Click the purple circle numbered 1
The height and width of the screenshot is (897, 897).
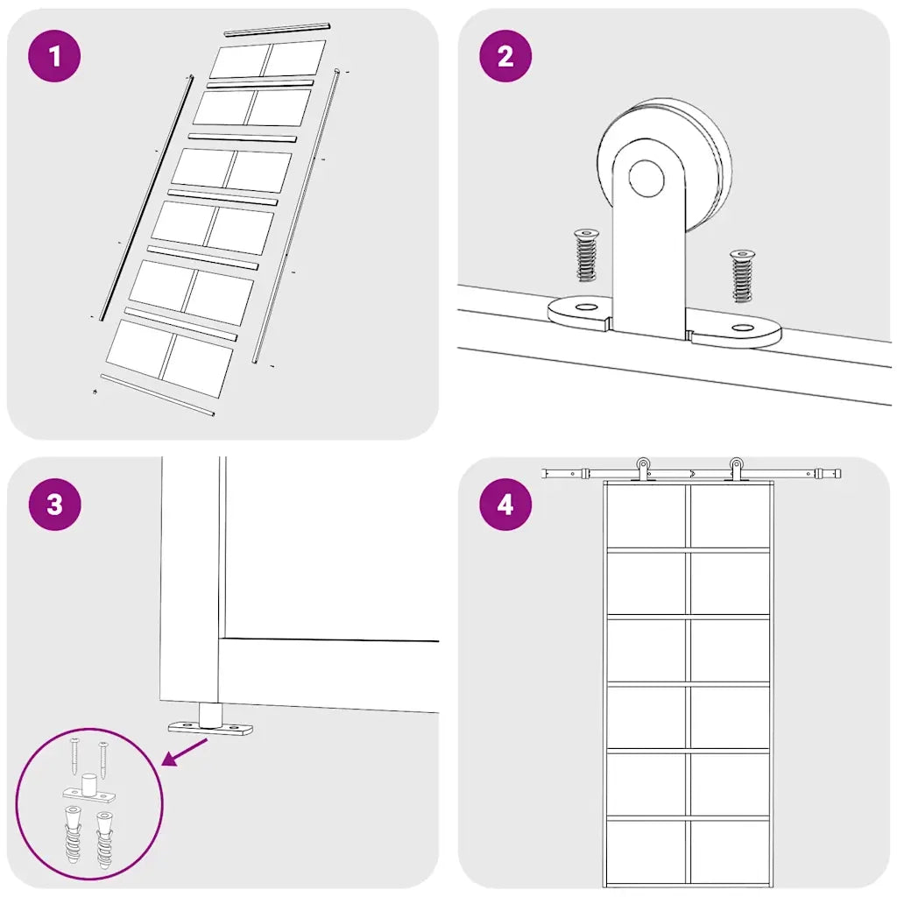(x=54, y=56)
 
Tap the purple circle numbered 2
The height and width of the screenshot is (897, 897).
(x=505, y=56)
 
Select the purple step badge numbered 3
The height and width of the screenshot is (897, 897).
(x=54, y=505)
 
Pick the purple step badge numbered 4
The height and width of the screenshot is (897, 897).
(x=505, y=505)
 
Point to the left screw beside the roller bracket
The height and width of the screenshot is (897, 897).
(x=586, y=255)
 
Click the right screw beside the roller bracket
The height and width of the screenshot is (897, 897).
(x=742, y=276)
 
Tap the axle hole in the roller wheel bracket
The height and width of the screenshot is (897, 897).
(x=646, y=178)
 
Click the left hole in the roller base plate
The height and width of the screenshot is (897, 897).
(x=586, y=307)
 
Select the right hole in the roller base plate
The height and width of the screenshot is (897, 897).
(x=743, y=328)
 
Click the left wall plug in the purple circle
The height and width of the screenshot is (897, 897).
(x=73, y=835)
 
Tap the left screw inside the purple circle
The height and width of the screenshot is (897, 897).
(x=74, y=756)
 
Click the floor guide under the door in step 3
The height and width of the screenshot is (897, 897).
(x=210, y=719)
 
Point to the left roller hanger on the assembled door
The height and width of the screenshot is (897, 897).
(x=643, y=470)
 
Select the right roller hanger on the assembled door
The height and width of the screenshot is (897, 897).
(x=736, y=470)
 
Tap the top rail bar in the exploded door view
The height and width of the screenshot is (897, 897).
(x=278, y=29)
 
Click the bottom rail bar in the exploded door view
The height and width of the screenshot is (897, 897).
(x=158, y=395)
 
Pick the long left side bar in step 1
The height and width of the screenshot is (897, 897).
(x=146, y=198)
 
